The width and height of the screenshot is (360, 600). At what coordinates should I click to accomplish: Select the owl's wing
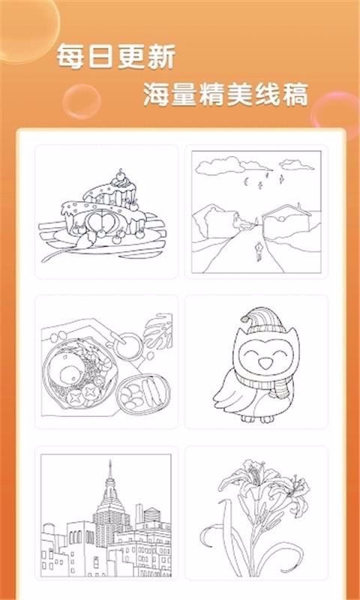coord(225,391)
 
